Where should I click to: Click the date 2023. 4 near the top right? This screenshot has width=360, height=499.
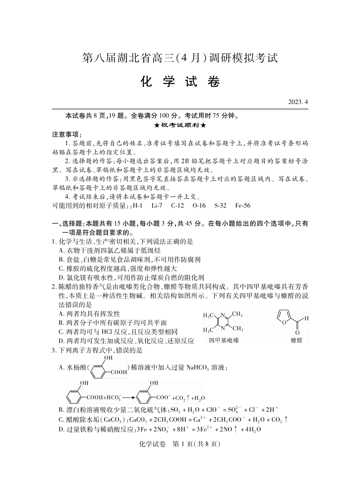pyautogui.click(x=298, y=102)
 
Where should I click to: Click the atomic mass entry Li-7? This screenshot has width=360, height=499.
pyautogui.click(x=157, y=206)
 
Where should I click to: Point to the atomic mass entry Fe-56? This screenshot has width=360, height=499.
pyautogui.click(x=243, y=206)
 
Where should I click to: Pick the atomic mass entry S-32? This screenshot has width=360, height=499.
pyautogui.click(x=220, y=206)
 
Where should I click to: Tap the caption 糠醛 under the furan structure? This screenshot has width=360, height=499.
pyautogui.click(x=296, y=340)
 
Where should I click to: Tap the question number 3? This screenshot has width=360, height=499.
pyautogui.click(x=54, y=350)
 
